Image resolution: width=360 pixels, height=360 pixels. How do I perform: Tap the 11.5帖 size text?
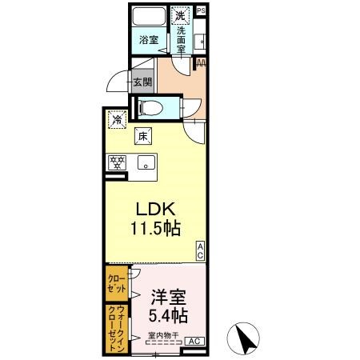click(x=154, y=228)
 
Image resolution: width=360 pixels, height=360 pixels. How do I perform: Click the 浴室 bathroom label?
click(x=148, y=40)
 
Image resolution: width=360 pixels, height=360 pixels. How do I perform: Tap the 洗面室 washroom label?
click(x=182, y=40)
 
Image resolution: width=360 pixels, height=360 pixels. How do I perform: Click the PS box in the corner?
click(x=200, y=10)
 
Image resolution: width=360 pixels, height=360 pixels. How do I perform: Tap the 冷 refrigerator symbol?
click(x=118, y=119)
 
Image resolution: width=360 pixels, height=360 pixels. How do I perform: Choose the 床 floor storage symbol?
click(x=143, y=136)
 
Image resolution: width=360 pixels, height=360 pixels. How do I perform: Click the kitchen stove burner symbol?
click(x=118, y=162)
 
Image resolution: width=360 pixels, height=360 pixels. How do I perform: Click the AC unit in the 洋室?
click(x=194, y=341)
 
